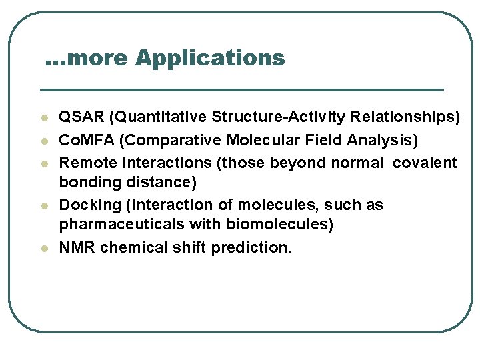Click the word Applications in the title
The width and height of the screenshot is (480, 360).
[x=210, y=59]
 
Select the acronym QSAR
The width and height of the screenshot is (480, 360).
[x=82, y=117]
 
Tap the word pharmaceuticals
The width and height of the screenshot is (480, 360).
[x=110, y=224]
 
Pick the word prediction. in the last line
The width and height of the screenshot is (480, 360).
[x=251, y=247]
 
